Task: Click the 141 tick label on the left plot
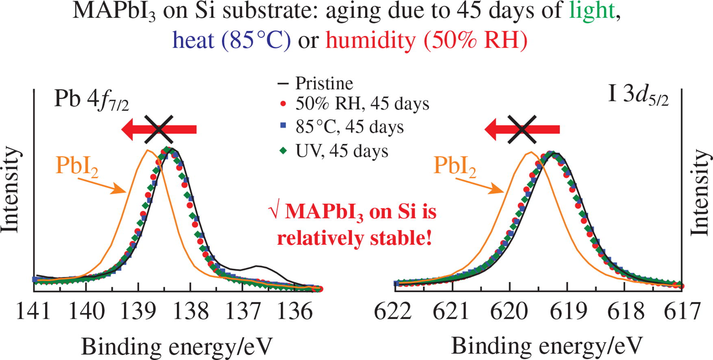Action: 33,312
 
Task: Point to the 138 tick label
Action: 190,312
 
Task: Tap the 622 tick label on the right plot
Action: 393,312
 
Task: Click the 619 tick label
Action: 568,312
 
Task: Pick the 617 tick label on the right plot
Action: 683,312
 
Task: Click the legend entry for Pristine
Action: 324,83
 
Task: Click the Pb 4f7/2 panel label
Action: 91,100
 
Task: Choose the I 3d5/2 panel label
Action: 638,96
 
